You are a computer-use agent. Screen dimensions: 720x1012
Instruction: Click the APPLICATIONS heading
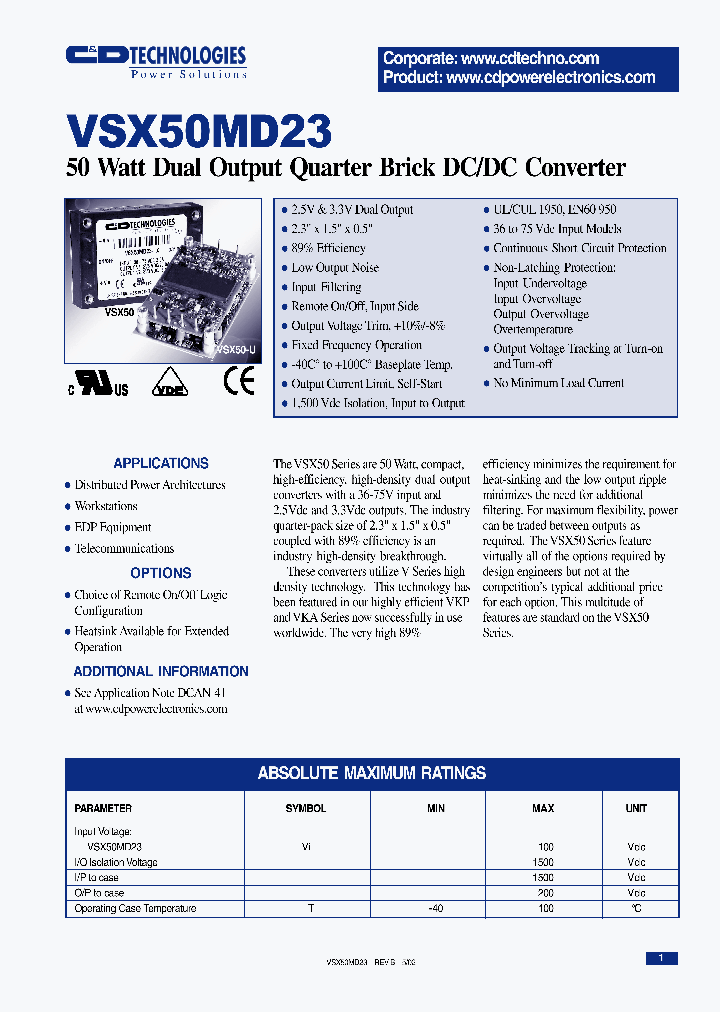coord(161,463)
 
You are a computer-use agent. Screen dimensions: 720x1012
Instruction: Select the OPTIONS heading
coord(161,573)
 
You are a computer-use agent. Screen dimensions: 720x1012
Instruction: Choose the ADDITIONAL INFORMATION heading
coord(161,671)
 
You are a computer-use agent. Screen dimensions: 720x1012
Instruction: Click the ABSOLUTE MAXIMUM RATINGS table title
coord(372,773)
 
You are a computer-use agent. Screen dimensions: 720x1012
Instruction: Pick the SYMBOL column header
coord(306,808)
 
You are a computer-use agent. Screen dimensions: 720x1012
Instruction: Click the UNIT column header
coord(636,808)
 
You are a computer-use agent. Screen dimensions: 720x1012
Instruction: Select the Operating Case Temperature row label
coord(135,909)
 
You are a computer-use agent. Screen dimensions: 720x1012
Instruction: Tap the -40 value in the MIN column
coord(435,909)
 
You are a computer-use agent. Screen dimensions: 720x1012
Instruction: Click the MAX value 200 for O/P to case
coord(545,893)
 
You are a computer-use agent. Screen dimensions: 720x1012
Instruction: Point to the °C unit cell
coord(636,909)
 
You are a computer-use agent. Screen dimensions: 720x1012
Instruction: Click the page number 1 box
coord(661,958)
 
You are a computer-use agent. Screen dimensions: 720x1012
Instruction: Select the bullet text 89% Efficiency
coord(328,248)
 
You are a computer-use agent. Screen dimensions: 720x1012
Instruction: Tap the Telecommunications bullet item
coord(124,548)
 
